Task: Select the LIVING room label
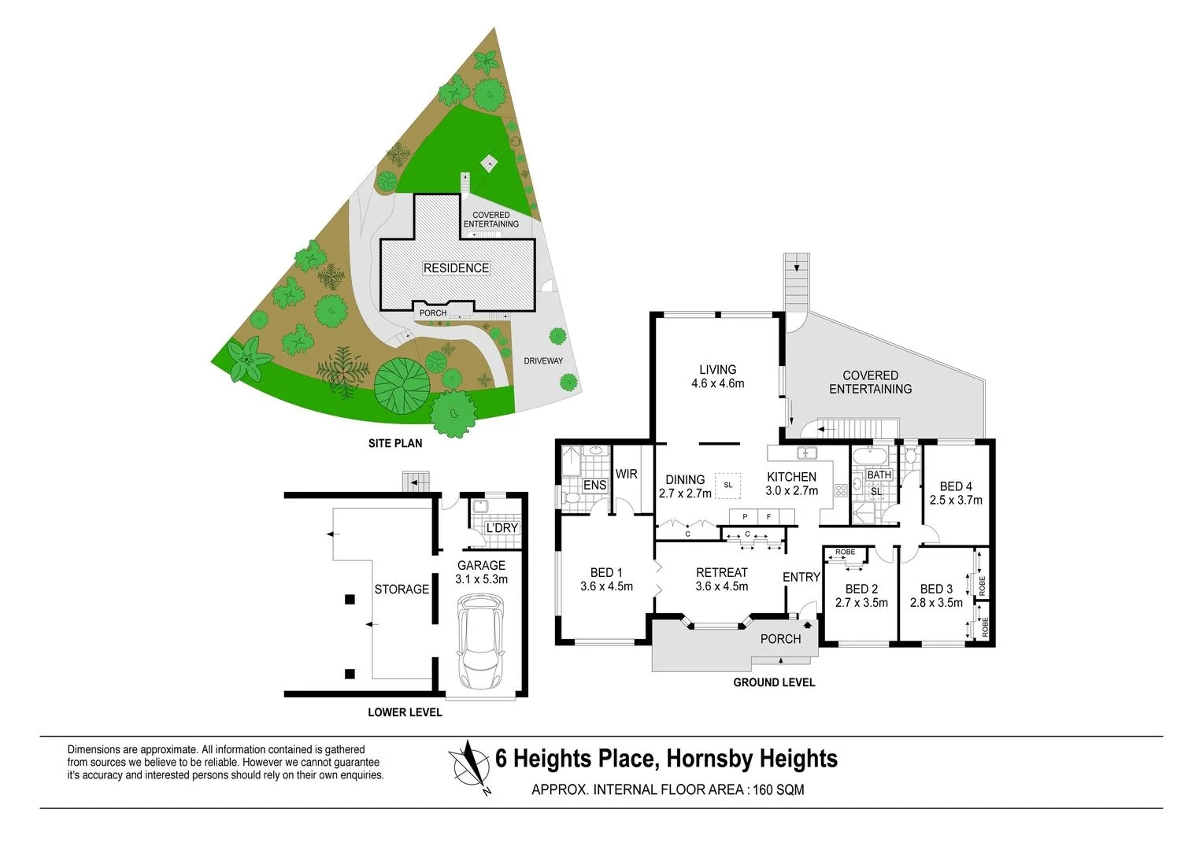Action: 717,369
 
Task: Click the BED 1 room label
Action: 606,572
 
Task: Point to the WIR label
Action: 627,474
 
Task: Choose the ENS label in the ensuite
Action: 594,485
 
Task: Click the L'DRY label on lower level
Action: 502,527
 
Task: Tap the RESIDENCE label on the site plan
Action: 456,268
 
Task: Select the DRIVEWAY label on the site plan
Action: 543,360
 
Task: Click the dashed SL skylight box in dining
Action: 727,485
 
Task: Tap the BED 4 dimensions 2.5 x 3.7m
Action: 956,500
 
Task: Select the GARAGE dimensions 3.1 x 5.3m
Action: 481,579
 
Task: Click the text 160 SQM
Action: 779,789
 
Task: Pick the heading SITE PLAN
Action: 395,443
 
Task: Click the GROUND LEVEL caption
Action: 774,682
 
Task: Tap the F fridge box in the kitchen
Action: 768,516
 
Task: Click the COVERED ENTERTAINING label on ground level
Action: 870,382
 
